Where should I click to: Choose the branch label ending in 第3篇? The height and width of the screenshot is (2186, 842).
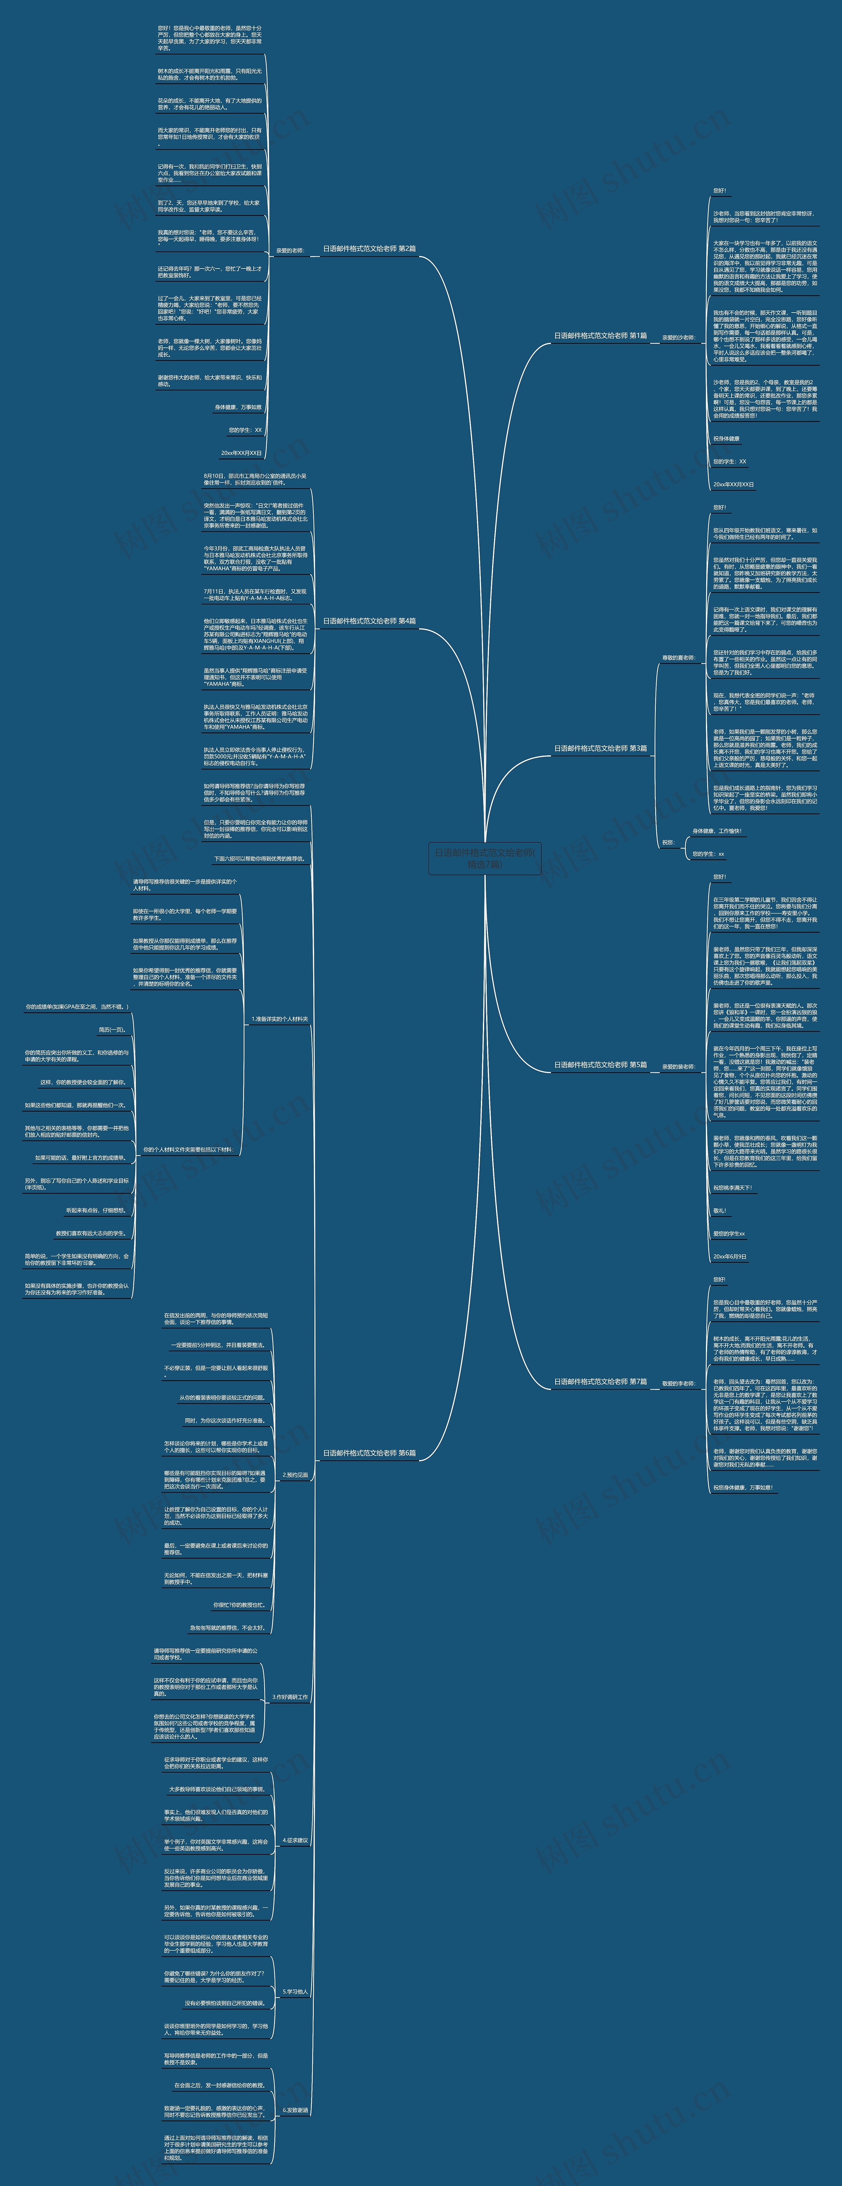point(600,748)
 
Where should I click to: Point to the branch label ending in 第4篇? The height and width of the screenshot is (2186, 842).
point(369,621)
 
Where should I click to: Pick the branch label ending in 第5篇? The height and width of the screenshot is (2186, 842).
point(600,1065)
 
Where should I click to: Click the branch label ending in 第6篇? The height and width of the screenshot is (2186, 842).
point(369,1453)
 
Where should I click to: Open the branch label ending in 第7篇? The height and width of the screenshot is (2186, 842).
point(600,1381)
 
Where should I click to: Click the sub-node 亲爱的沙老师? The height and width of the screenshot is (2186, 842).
point(678,338)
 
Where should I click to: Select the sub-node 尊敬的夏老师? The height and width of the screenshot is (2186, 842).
point(678,658)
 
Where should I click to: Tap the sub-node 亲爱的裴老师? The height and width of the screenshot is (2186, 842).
point(678,1067)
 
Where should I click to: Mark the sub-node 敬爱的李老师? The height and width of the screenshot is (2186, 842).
point(678,1383)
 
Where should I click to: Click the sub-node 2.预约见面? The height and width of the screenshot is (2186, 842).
point(295,1475)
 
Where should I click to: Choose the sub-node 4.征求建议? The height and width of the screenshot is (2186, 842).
point(295,1841)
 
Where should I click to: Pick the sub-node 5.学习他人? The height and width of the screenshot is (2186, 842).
point(295,1992)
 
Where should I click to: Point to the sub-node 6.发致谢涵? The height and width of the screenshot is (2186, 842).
point(295,2110)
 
